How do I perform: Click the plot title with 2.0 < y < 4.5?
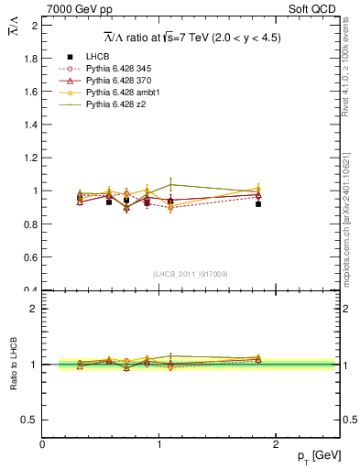(191, 37)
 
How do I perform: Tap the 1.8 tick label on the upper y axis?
(30, 59)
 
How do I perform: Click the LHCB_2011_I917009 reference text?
(191, 273)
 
